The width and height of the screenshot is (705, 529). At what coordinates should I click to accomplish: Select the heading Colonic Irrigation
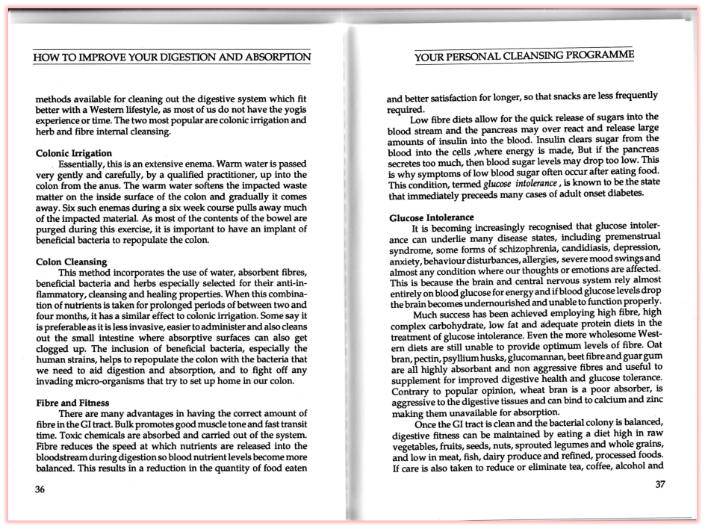pyautogui.click(x=74, y=153)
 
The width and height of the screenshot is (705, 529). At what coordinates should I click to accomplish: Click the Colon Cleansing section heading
pyautogui.click(x=72, y=262)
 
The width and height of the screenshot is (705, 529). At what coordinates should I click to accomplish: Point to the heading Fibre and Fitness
pyautogui.click(x=73, y=403)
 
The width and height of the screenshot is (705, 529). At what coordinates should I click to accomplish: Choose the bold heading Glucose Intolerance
pyautogui.click(x=432, y=217)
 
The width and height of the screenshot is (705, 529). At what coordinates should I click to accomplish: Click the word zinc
pyautogui.click(x=653, y=400)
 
